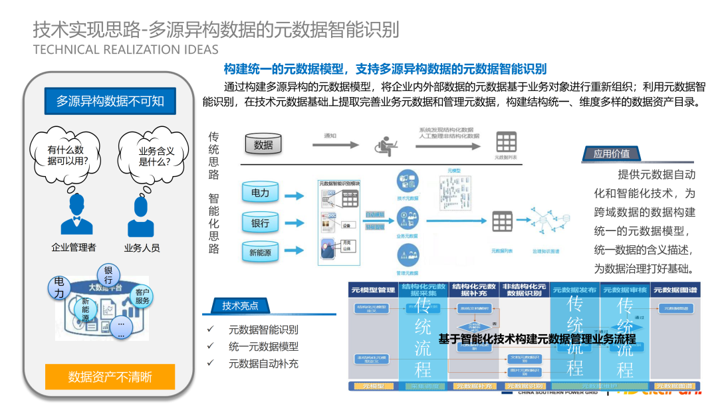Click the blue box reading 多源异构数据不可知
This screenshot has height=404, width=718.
(x=110, y=101)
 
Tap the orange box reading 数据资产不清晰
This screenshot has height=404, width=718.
(x=110, y=377)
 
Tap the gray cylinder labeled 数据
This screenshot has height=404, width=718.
(x=263, y=144)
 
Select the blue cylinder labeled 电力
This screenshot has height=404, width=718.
(x=260, y=193)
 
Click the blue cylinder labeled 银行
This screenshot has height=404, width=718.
(x=260, y=223)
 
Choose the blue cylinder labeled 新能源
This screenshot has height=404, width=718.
(x=260, y=252)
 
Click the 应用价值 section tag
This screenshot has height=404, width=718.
(x=612, y=154)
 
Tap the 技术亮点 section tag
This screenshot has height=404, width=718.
(x=240, y=306)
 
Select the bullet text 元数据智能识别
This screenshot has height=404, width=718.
(x=263, y=330)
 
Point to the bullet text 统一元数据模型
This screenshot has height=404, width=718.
(x=263, y=346)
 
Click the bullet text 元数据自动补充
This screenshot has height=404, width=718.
(x=263, y=363)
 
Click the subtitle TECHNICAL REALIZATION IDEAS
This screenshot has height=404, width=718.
(x=125, y=50)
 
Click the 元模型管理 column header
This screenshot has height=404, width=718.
(x=373, y=290)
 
